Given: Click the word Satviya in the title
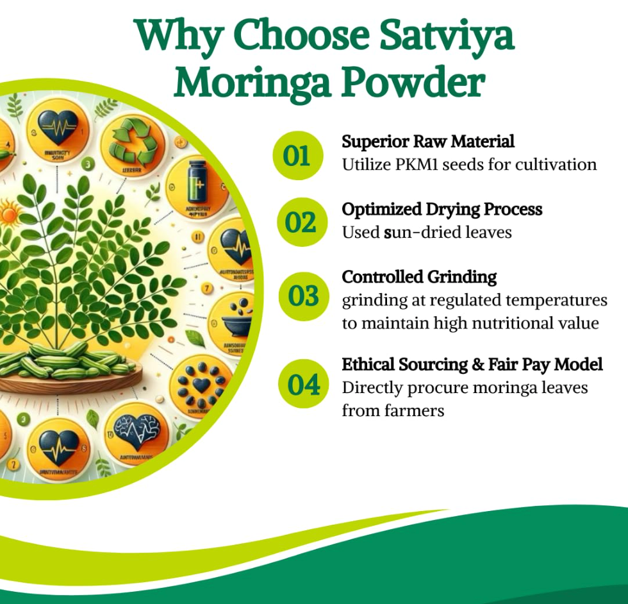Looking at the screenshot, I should [x=449, y=38].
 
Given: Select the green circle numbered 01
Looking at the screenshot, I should [x=296, y=156].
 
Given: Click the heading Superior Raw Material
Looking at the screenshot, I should [x=428, y=141].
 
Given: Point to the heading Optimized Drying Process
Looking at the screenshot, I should [x=442, y=210].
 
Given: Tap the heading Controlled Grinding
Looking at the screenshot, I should [x=419, y=277].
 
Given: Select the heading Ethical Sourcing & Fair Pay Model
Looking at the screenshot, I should [x=472, y=365].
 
